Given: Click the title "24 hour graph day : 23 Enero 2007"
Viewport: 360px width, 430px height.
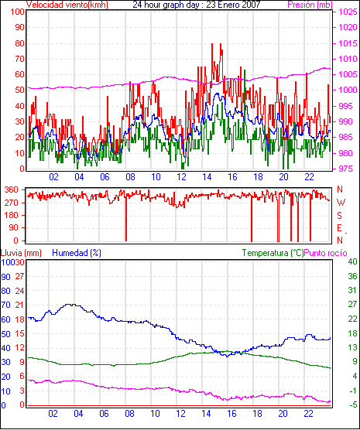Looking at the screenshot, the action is (197, 5).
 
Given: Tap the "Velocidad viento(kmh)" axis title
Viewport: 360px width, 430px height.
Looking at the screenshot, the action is (67, 5).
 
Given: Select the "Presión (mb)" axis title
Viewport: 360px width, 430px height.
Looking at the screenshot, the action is (310, 5).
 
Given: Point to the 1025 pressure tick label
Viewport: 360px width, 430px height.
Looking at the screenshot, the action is (348, 12).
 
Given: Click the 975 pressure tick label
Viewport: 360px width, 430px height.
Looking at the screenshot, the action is (348, 169).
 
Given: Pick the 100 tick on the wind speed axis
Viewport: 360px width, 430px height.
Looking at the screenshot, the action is (17, 12).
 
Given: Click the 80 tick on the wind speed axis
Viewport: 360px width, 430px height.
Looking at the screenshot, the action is (19, 43).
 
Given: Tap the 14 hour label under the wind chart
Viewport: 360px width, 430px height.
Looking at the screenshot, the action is (207, 177).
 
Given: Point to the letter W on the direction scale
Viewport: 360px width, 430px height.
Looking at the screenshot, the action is (341, 203).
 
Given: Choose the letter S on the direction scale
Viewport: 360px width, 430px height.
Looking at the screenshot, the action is (340, 216).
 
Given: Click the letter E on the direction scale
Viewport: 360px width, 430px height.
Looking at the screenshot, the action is (339, 228).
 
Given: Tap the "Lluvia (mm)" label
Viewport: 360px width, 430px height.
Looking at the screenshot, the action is (21, 253).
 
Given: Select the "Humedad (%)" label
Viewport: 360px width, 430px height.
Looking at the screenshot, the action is (77, 253).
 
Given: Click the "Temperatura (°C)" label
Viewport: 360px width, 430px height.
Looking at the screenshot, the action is (273, 253).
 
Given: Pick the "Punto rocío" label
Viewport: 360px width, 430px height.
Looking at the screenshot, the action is (326, 253).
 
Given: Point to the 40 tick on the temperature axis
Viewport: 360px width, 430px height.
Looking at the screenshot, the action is (352, 261).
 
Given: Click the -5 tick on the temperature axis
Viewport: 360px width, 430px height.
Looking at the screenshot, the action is (352, 404).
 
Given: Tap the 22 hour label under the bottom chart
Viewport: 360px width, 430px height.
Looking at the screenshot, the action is (308, 413).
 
